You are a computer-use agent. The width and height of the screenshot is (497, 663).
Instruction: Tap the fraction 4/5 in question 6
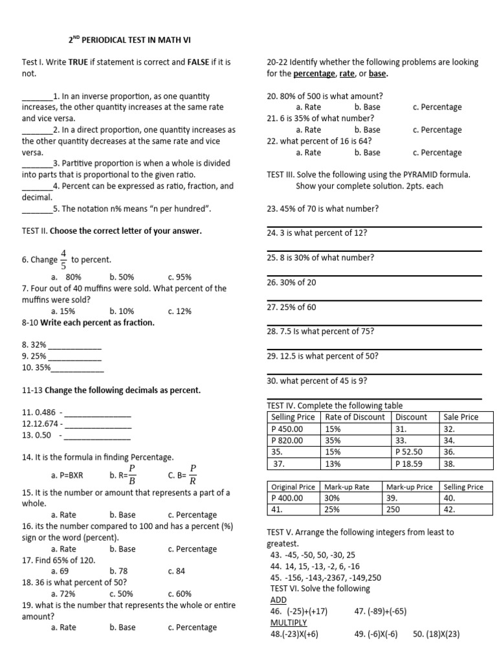63,259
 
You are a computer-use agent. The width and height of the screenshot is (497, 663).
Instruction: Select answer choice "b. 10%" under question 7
122,311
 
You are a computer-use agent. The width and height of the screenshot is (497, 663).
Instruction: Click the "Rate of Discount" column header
355,417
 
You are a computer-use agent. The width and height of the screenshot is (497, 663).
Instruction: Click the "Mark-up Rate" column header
347,487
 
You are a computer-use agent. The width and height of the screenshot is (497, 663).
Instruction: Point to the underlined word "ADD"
278,600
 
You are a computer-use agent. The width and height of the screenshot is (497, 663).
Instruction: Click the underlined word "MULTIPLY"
288,622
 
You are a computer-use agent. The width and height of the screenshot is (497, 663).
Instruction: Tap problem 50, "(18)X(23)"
436,634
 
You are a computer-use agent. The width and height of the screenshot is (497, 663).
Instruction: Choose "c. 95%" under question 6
179,276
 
